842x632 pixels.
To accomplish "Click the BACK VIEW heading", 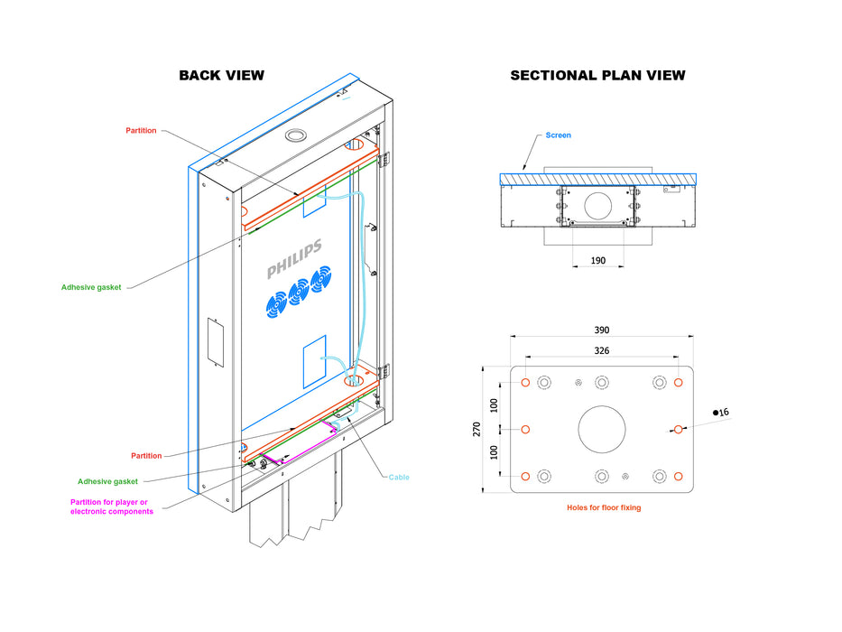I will (x=221, y=75).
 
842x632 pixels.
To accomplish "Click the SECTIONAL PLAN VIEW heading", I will (x=597, y=75).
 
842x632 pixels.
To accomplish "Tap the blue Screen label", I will (x=558, y=135).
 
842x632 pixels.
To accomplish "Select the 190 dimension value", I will (x=597, y=260).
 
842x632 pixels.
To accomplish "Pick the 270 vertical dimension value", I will (x=477, y=430).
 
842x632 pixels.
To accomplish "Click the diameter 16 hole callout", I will (x=721, y=412).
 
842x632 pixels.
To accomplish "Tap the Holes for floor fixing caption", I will (x=603, y=508).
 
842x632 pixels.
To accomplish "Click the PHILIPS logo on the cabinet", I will (x=294, y=260).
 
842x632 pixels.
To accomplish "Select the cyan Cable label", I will (x=399, y=477).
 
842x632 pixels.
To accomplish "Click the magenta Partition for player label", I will (x=112, y=507).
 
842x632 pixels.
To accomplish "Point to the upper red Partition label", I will (x=141, y=131).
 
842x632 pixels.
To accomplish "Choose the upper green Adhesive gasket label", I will (x=91, y=287).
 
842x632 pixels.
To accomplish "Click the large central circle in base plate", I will (x=602, y=430).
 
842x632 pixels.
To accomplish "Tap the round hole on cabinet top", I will (x=295, y=135).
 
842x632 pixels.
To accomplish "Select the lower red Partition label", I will (x=146, y=456).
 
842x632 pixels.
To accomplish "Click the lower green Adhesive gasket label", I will (x=107, y=481).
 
